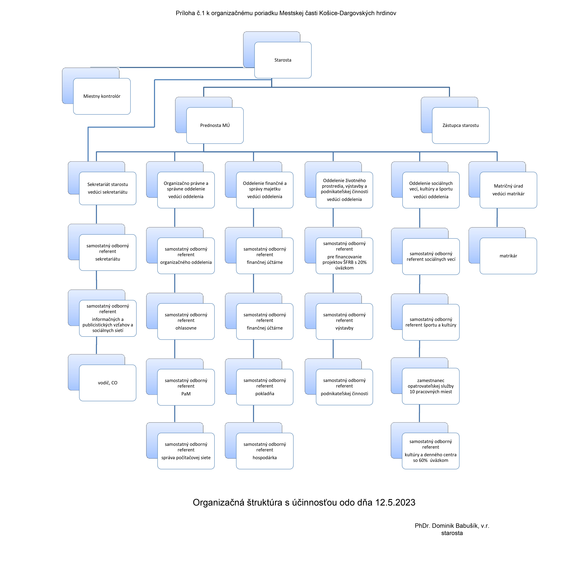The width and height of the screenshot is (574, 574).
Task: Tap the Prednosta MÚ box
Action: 215,125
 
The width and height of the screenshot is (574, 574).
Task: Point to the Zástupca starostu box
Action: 461,125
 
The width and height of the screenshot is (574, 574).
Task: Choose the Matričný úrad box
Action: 508,190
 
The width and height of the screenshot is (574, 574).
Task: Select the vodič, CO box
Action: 108,383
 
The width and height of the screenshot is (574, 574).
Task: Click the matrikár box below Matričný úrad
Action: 508,256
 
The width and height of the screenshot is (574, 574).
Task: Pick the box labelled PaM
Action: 186,387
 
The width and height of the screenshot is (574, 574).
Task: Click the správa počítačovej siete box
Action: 186,451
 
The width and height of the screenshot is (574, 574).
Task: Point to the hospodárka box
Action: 265,451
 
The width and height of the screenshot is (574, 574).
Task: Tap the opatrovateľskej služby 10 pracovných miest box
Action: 431,386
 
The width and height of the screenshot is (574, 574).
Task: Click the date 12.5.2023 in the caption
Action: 395,502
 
